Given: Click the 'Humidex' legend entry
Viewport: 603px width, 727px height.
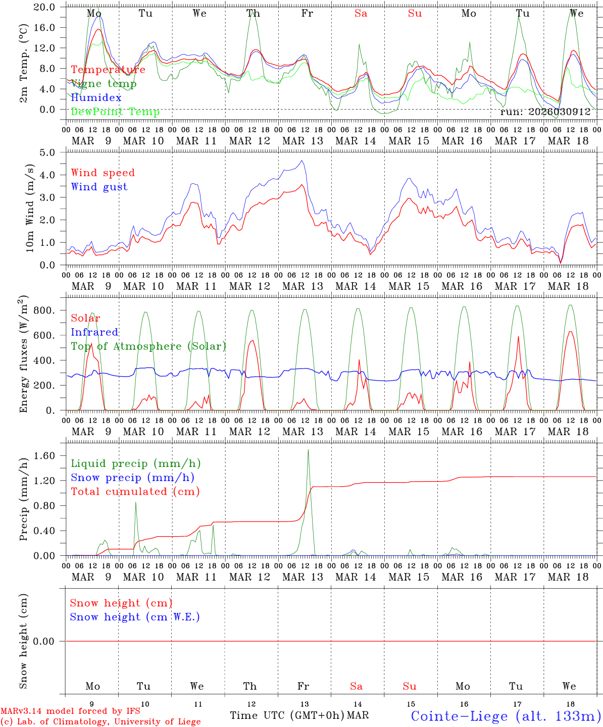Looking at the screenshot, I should (96, 97).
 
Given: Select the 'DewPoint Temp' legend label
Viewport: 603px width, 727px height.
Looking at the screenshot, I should (115, 112).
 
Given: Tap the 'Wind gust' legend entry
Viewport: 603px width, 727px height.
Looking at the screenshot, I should (99, 187).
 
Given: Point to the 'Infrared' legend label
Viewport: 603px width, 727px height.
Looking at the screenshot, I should (94, 332).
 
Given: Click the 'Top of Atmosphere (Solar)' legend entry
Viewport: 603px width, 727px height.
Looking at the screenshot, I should (148, 346).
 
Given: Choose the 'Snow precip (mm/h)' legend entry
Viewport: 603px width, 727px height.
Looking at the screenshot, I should (133, 478).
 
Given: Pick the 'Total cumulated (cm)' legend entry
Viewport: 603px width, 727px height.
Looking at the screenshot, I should (135, 491).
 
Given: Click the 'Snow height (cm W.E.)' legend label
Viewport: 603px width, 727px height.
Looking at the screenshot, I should (135, 617).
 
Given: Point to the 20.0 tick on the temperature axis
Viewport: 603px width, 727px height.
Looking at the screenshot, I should (45, 7).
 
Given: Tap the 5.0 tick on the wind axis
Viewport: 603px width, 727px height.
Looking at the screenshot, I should (49, 152).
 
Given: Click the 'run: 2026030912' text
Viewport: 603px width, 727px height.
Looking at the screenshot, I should (545, 112).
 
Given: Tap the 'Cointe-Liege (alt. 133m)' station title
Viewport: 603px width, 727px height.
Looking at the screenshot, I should (506, 715).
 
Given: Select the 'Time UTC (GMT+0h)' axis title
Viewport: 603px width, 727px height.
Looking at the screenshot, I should (287, 715).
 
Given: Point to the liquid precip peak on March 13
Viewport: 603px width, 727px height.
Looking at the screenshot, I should (308, 450).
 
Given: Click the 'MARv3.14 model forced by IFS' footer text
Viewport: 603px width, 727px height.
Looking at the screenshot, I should (70, 711).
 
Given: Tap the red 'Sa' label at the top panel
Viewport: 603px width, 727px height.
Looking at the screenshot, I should (361, 14).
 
